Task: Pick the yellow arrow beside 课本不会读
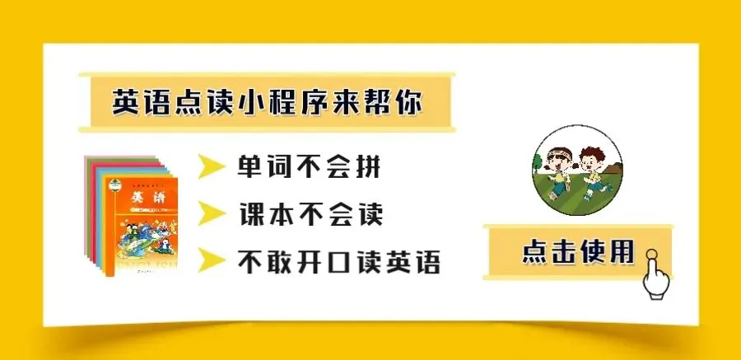tap(212, 215)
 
